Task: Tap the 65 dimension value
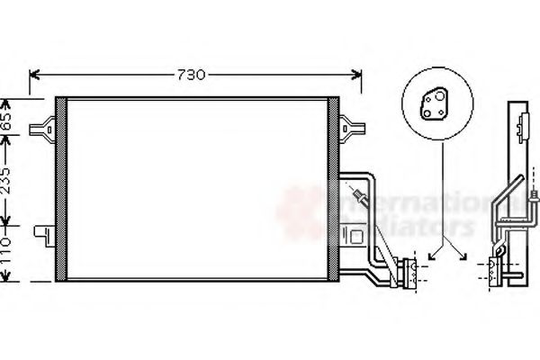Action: [8, 119]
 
